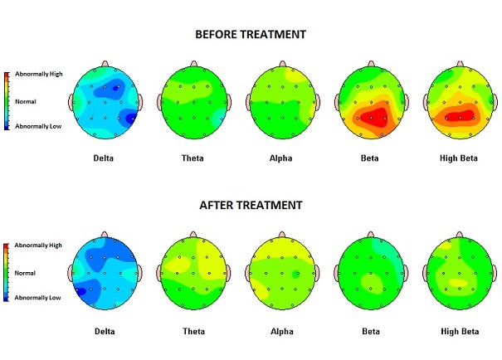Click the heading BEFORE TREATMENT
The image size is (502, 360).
coord(251,34)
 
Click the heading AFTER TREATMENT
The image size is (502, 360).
coord(251,205)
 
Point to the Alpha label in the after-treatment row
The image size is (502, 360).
coord(282,331)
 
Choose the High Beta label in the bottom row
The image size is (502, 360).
coord(458,331)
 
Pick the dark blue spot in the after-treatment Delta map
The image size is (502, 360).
coord(82,291)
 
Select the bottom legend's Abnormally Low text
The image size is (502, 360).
coord(37,297)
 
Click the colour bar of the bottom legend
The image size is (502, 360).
coord(7,271)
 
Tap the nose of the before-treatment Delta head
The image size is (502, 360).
coord(105,64)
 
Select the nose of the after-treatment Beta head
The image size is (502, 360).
coord(370,236)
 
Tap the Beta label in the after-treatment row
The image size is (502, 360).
coord(369,331)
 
